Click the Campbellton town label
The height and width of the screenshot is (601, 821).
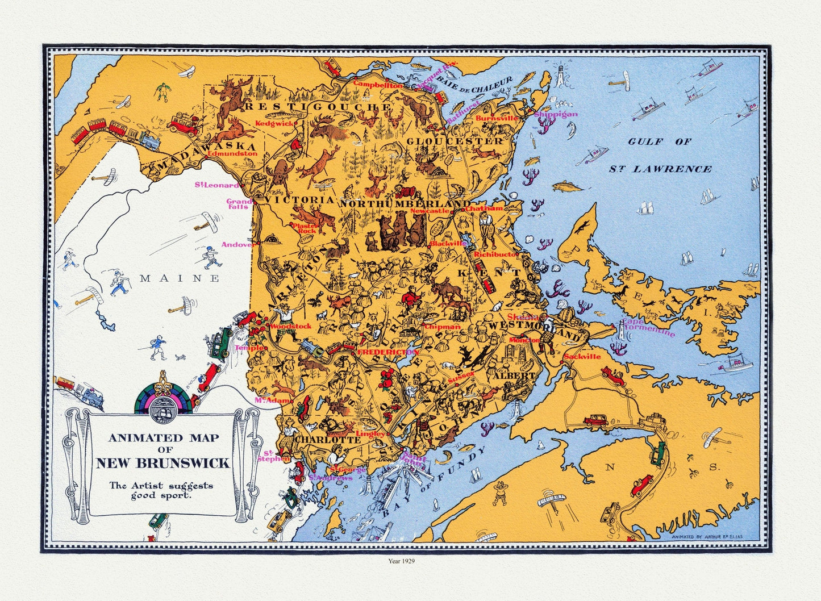[x=378, y=84]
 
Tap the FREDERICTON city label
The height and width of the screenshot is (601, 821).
[x=387, y=352]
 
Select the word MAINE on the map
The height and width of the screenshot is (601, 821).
[x=180, y=278]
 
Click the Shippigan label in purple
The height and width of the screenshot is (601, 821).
[x=555, y=114]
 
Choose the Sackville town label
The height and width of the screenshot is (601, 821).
[x=582, y=357]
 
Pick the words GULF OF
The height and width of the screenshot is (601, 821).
[x=659, y=141]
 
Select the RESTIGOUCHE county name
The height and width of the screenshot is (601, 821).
[x=317, y=106]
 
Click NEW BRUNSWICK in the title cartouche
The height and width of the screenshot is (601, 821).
[x=162, y=463]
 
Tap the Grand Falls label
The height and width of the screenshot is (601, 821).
[x=239, y=204]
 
